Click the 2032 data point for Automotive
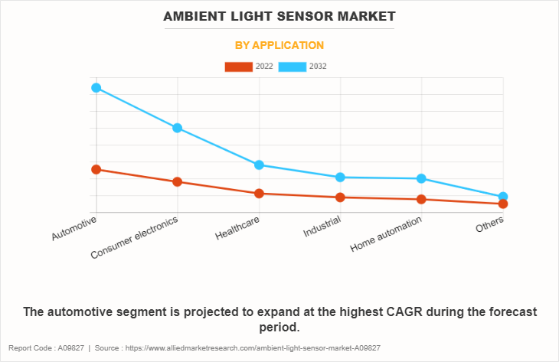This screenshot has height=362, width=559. click(96, 87)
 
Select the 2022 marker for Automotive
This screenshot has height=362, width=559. click(96, 169)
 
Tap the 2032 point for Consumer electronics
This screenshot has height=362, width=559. click(178, 128)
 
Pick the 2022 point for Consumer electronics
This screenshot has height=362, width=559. click(178, 181)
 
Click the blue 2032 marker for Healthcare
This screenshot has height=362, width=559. click(260, 165)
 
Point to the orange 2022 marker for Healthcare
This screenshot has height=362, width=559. click(260, 194)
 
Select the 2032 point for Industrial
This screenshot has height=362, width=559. click(341, 178)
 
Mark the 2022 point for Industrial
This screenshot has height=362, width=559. click(341, 197)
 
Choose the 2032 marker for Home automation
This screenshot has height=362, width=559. click(422, 179)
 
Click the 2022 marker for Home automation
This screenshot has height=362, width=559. click(422, 200)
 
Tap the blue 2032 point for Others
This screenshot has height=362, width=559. click(503, 197)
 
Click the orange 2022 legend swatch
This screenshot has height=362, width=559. click(238, 67)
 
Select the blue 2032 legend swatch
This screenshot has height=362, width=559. click(292, 67)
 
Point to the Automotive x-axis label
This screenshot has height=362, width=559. click(75, 229)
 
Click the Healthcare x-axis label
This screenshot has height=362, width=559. click(237, 229)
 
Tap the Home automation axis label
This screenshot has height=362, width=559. click(386, 235)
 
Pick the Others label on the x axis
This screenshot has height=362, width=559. click(490, 225)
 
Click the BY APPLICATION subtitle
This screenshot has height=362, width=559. click(279, 45)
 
